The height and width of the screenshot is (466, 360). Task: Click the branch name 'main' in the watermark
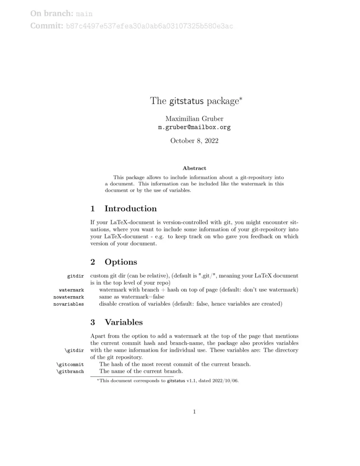point(84,14)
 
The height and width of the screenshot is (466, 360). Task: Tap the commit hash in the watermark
point(149,27)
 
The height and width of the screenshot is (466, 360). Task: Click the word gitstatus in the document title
point(187,101)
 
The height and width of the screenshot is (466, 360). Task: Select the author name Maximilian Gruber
point(194,119)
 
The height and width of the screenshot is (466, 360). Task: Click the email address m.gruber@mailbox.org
point(194,127)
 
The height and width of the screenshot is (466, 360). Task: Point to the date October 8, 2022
point(194,141)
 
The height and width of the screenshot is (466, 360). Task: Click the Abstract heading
point(194,168)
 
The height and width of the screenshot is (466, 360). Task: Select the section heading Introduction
point(130,208)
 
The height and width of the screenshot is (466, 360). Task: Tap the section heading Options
point(121,262)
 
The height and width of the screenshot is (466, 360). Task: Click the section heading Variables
point(123,322)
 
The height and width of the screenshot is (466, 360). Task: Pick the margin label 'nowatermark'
point(68,297)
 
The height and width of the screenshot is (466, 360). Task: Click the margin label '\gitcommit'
point(70,364)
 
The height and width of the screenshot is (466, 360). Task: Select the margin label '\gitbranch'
point(70,372)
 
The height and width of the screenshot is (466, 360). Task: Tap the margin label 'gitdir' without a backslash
point(75,276)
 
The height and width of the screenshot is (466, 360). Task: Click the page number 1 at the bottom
point(194,412)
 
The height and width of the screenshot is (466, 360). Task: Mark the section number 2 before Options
point(93,262)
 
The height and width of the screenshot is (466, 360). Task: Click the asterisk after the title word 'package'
point(241,98)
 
